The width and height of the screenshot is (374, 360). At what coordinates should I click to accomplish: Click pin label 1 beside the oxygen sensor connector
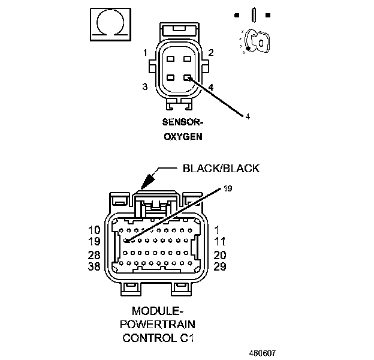pos(145,53)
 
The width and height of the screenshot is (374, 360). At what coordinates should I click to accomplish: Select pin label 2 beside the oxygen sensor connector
pos(211,53)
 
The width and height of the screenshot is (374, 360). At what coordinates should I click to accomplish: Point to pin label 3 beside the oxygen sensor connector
pos(145,87)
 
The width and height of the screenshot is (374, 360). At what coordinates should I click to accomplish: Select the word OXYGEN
pos(182,136)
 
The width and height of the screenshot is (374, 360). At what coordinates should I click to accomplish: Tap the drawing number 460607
pos(264,353)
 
